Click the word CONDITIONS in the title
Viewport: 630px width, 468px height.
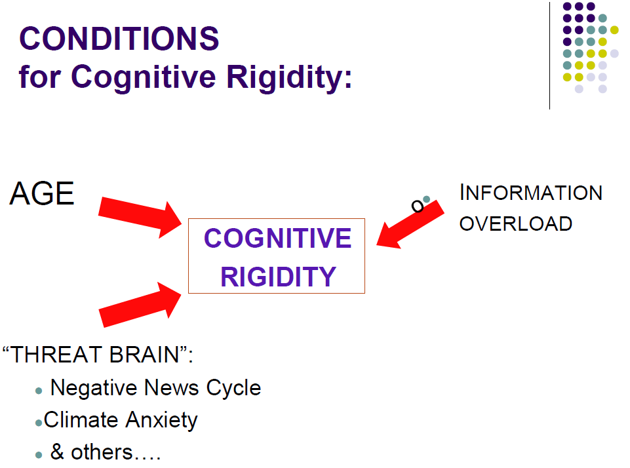(119, 39)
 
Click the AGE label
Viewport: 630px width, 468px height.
(42, 194)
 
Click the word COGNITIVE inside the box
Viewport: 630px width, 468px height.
(277, 239)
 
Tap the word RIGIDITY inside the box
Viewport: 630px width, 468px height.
(278, 277)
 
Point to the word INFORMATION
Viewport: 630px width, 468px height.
(531, 193)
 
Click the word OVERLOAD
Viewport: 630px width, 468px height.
(515, 224)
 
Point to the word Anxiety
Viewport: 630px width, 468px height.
(161, 419)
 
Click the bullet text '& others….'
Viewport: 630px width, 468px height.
(105, 452)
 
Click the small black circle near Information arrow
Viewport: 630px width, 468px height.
(417, 206)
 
